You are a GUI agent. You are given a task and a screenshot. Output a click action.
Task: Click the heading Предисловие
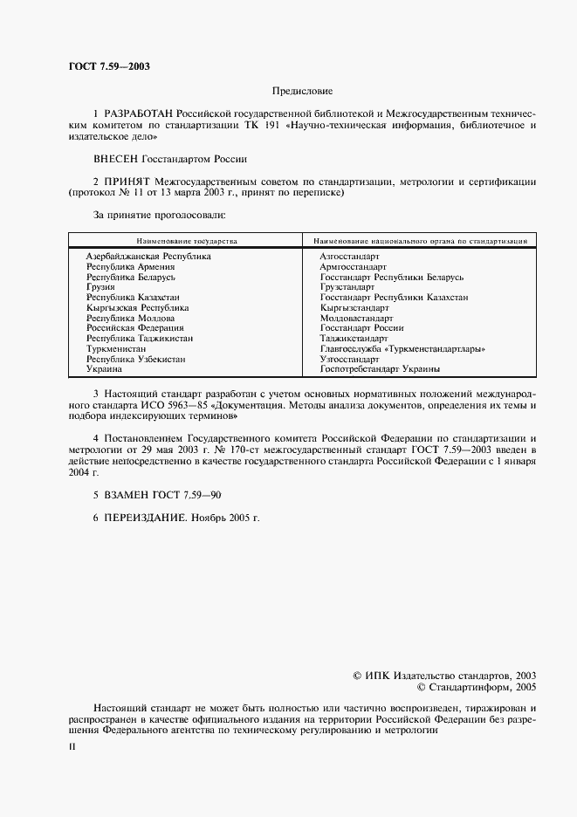[x=302, y=91]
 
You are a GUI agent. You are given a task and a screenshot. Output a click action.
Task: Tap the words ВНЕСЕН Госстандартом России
[x=170, y=159]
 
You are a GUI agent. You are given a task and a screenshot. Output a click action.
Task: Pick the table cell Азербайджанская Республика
[x=148, y=257]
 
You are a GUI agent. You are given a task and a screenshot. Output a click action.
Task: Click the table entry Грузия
[x=100, y=287]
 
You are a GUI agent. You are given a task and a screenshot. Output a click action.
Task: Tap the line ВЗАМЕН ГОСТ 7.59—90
[x=157, y=495]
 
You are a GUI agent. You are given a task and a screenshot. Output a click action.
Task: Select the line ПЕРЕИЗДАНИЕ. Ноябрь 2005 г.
[x=176, y=518]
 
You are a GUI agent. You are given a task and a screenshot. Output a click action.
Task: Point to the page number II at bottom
[x=72, y=748]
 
